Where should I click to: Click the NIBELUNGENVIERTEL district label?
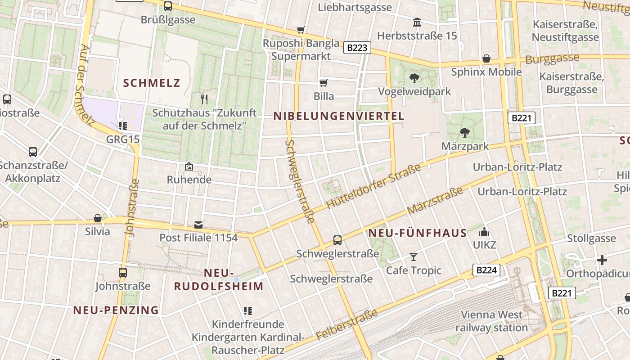(x=339, y=116)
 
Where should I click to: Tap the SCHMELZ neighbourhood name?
(x=152, y=83)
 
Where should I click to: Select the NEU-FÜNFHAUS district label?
(x=418, y=233)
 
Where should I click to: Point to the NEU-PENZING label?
(x=116, y=310)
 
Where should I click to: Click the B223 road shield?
(x=357, y=48)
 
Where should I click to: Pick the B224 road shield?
(x=486, y=270)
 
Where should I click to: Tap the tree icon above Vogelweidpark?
(x=414, y=78)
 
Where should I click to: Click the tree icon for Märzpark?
(x=464, y=133)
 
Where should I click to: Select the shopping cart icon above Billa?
(x=323, y=83)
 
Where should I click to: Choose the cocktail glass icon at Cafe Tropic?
(x=413, y=257)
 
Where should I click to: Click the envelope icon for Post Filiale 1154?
(x=198, y=225)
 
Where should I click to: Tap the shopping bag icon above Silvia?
(x=98, y=218)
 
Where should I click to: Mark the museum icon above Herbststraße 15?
(x=417, y=22)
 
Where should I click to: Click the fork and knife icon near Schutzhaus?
(x=204, y=99)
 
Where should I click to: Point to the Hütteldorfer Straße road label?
(x=373, y=186)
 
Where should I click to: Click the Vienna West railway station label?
(x=492, y=321)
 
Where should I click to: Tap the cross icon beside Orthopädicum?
(x=602, y=260)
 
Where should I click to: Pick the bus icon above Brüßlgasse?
(x=168, y=6)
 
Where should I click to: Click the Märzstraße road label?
(x=435, y=201)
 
